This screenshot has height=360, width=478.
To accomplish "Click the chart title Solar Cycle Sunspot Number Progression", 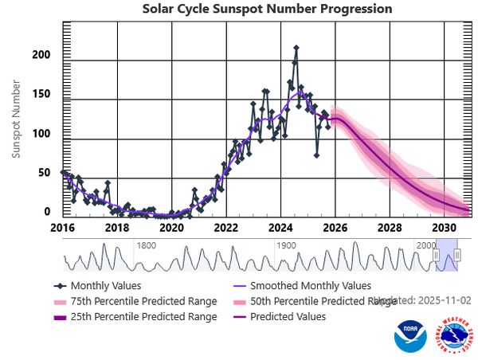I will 267,9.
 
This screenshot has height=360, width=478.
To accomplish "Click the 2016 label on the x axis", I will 63,227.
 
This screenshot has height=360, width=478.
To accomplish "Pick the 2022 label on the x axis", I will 226,227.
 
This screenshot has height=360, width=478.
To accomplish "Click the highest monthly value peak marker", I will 296,49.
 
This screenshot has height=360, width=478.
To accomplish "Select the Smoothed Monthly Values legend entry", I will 311,285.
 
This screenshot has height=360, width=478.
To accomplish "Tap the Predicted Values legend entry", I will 288,316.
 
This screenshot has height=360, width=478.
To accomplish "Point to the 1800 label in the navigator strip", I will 146,246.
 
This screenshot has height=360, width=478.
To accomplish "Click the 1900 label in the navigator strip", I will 286,246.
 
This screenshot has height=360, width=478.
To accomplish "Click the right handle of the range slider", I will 458,255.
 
